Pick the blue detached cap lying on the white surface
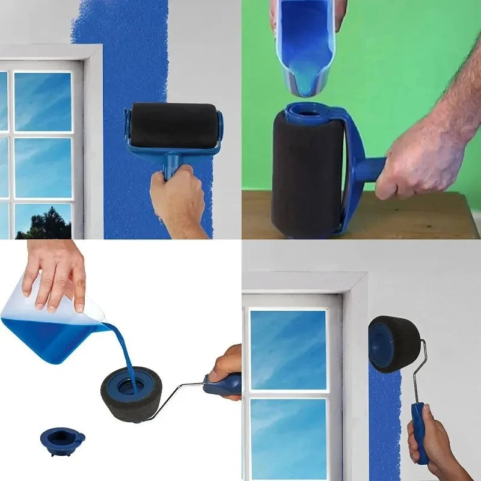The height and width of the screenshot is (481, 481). click(x=61, y=437)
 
